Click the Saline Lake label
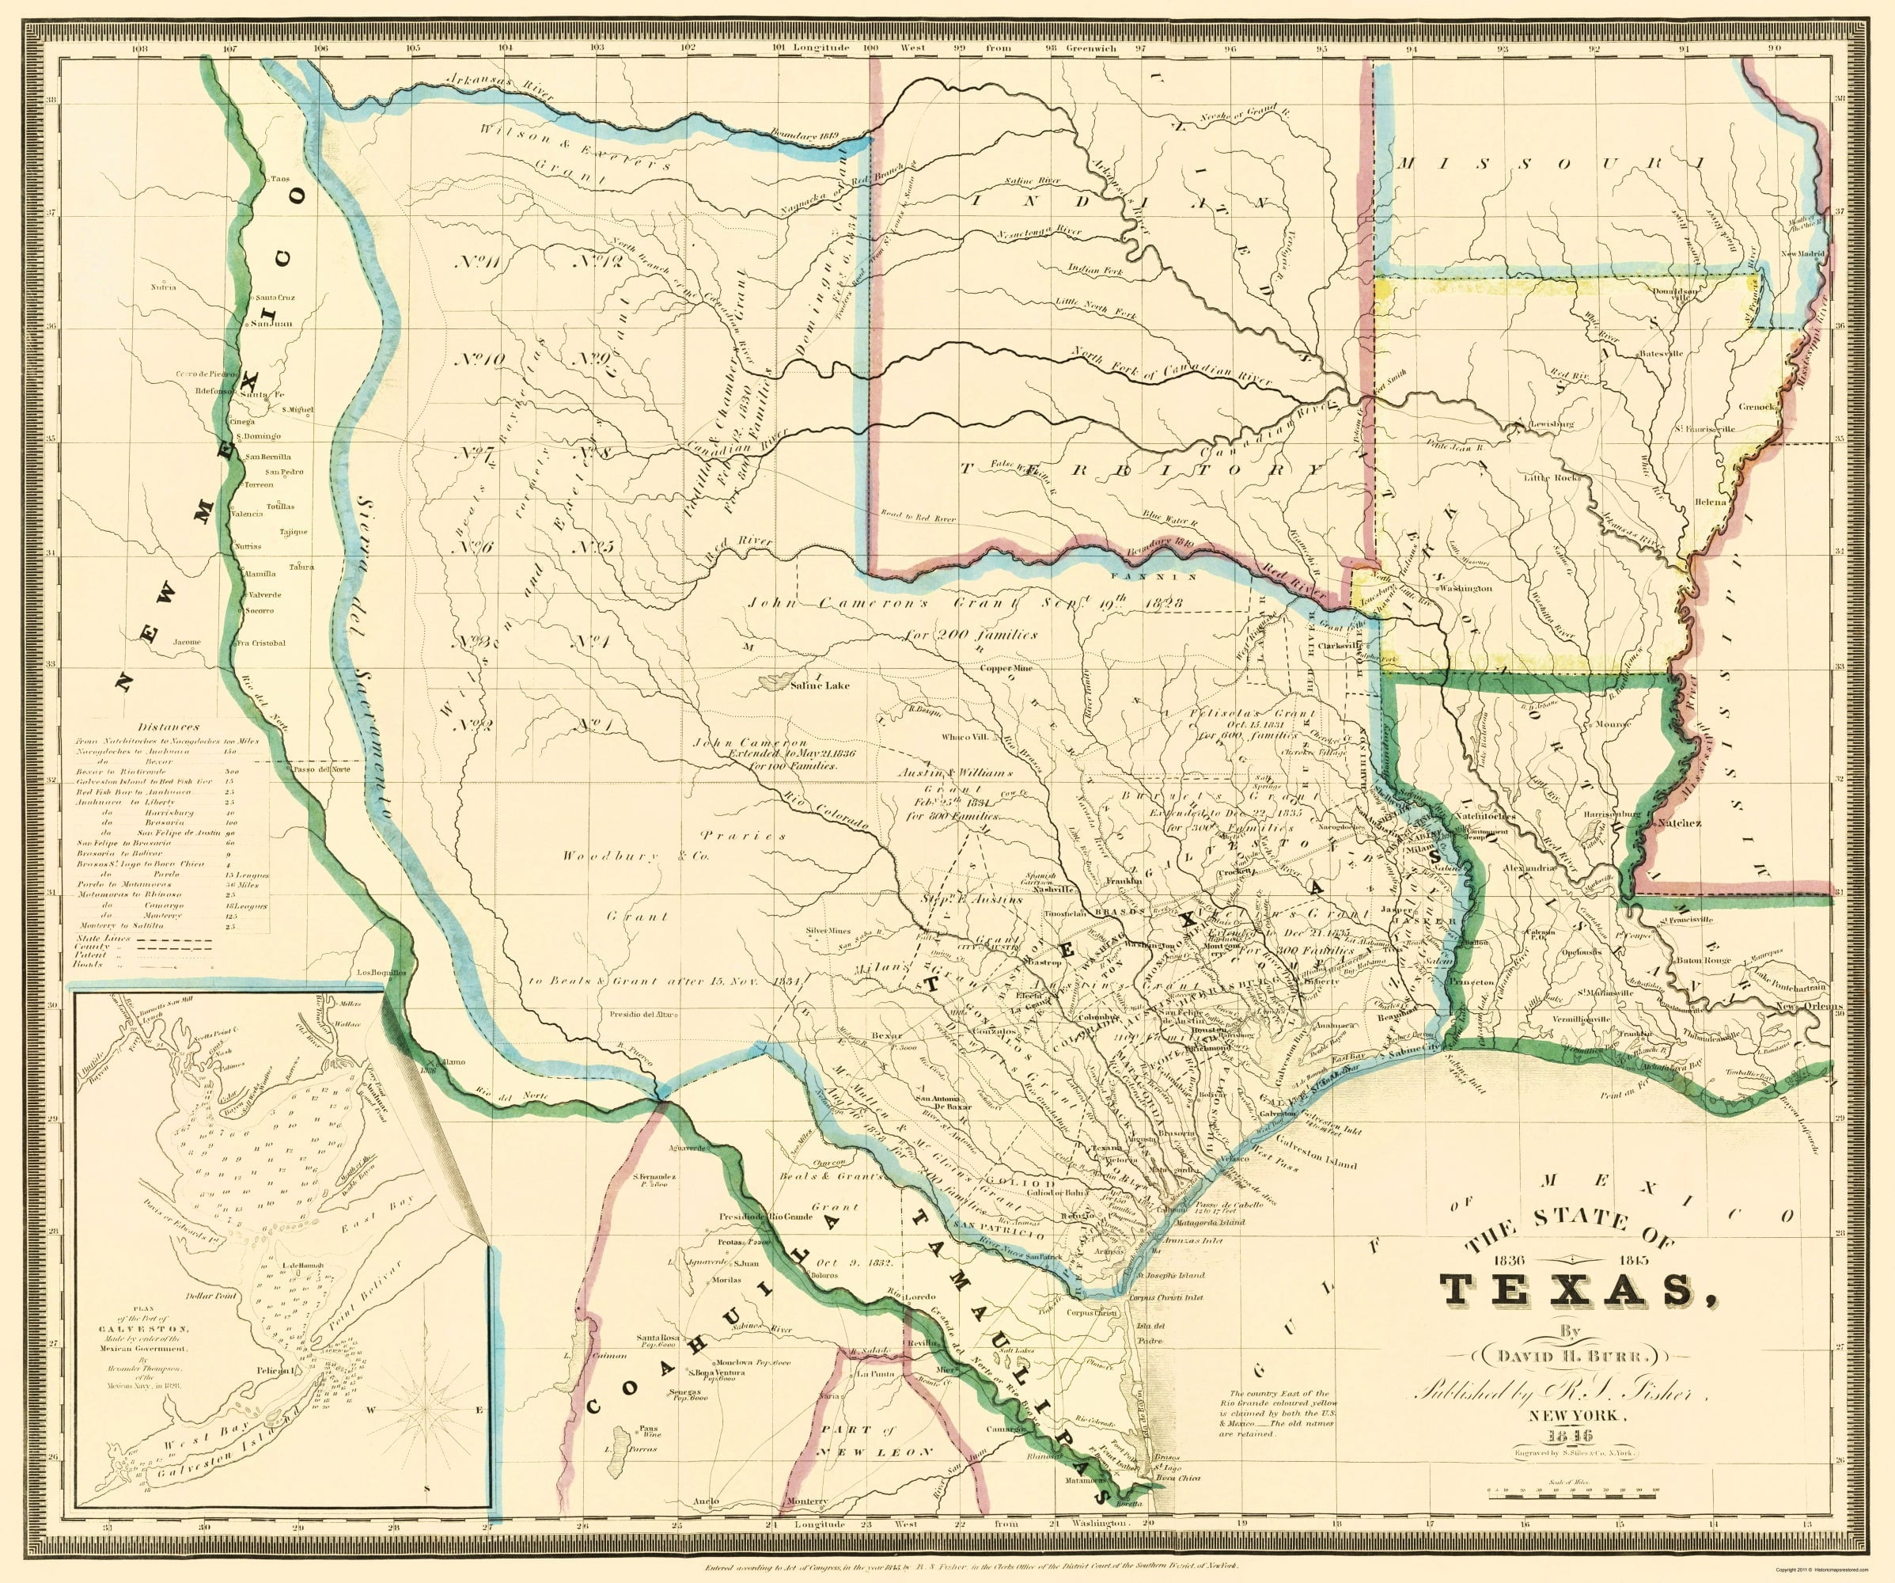point(820,685)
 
